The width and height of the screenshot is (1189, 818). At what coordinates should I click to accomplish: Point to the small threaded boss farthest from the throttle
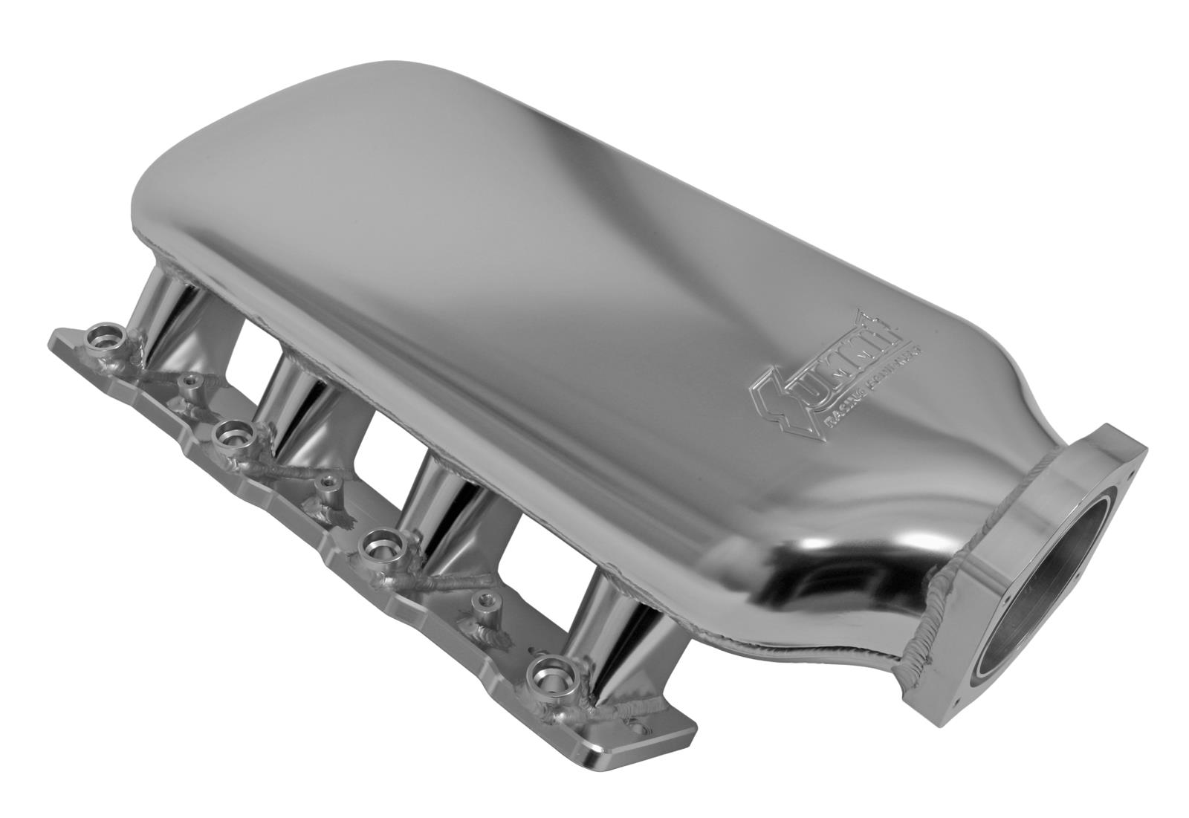tap(192, 381)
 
